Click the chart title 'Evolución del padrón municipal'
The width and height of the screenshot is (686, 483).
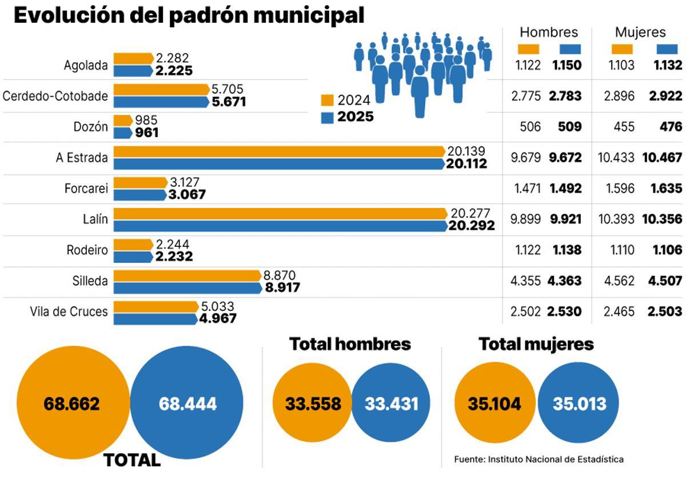click(189, 15)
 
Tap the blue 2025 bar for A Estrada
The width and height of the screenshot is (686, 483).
click(279, 164)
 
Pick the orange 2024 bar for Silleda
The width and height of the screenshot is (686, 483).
click(188, 276)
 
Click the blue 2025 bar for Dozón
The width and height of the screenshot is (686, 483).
click(123, 133)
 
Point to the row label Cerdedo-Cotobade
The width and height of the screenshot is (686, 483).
click(55, 96)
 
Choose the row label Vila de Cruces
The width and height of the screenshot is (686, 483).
click(69, 312)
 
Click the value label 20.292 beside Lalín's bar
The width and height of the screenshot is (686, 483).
click(472, 226)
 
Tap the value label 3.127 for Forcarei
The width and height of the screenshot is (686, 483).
click(184, 183)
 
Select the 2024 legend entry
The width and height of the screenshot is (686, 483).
click(345, 101)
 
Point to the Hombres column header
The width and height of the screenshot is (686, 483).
click(549, 33)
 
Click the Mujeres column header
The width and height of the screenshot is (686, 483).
click(640, 33)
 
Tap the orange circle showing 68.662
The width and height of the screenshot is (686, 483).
click(72, 404)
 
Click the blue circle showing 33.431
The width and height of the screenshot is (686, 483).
click(392, 404)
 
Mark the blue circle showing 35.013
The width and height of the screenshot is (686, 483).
click(579, 404)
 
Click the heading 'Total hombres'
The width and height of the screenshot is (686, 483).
click(350, 344)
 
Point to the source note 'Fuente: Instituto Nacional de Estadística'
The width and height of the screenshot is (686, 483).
click(539, 459)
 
